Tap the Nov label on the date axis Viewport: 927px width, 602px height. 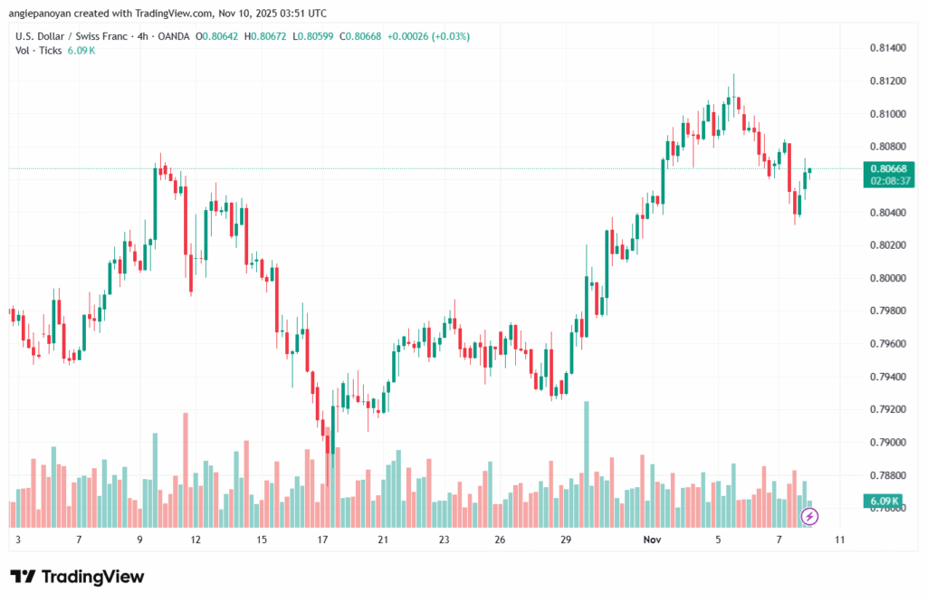pos(651,540)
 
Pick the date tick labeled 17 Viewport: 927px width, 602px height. pos(321,540)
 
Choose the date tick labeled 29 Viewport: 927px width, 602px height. pos(566,540)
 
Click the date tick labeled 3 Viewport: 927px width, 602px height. pos(18,540)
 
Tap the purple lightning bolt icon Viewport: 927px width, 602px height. pos(810,516)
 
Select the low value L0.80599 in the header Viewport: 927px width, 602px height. pos(330,36)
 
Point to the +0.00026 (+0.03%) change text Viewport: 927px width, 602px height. pos(428,36)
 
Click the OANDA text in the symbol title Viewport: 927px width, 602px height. pos(192,36)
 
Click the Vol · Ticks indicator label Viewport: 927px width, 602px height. pos(38,50)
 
